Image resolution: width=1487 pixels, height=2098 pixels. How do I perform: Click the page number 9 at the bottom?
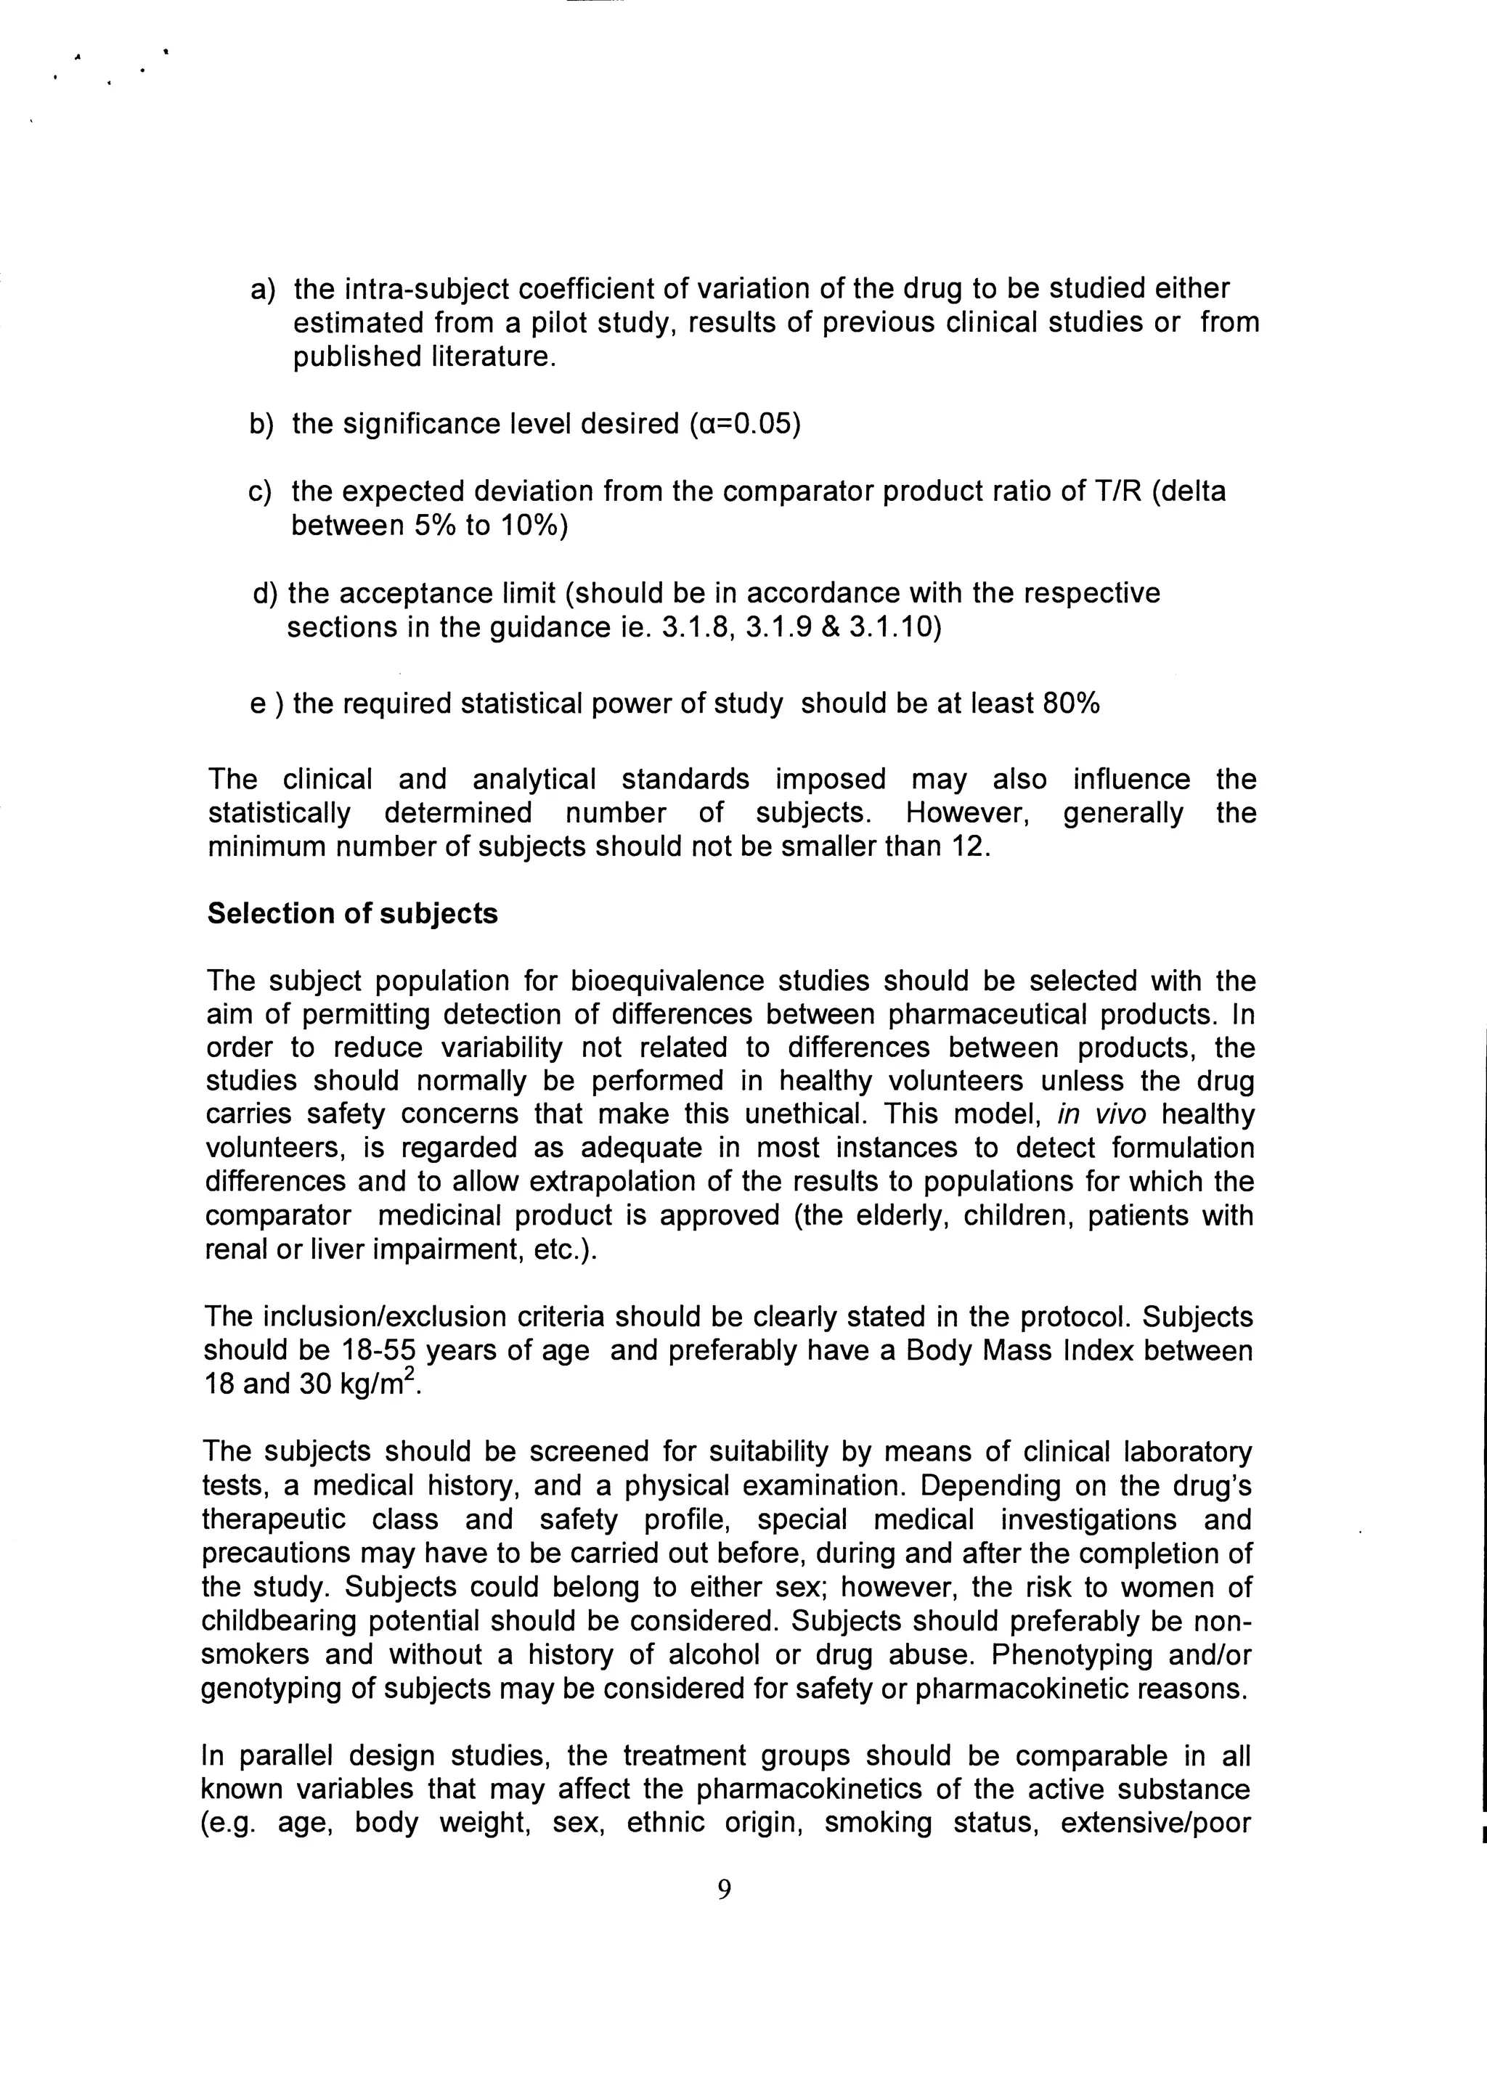tap(725, 1890)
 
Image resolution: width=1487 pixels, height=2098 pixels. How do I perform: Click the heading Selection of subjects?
tap(353, 913)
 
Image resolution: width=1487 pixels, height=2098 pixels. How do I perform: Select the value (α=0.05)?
tap(744, 425)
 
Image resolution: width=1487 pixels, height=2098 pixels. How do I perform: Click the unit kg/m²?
tap(378, 1383)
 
